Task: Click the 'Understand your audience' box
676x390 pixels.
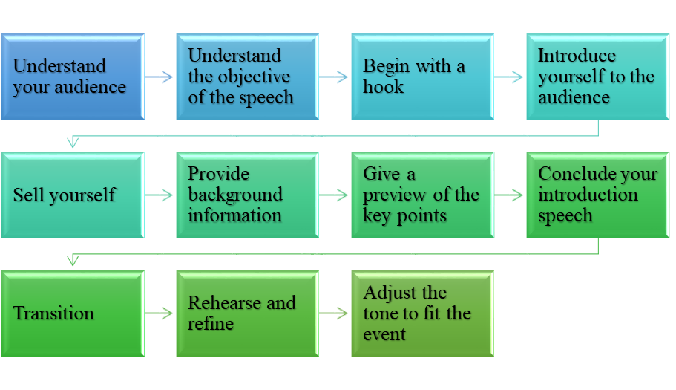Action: pyautogui.click(x=72, y=77)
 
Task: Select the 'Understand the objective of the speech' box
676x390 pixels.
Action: pyautogui.click(x=247, y=77)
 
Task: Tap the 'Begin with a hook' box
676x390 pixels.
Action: pyautogui.click(x=422, y=77)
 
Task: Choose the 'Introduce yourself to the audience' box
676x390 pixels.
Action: pyautogui.click(x=597, y=77)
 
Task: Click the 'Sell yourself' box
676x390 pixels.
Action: pyautogui.click(x=72, y=195)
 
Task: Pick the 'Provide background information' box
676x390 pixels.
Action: pyautogui.click(x=247, y=195)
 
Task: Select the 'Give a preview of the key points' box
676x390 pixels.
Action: pyautogui.click(x=422, y=195)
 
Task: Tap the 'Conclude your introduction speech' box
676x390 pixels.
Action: pyautogui.click(x=597, y=195)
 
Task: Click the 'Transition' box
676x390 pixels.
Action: pyautogui.click(x=72, y=313)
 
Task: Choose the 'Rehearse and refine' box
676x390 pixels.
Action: pyautogui.click(x=247, y=313)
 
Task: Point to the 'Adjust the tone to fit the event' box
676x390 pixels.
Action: pyautogui.click(x=422, y=313)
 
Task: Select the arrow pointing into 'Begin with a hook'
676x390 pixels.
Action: pyautogui.click(x=335, y=77)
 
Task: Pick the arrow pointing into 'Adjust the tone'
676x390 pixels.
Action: pyautogui.click(x=335, y=313)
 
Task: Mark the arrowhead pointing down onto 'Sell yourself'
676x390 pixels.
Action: pyautogui.click(x=72, y=143)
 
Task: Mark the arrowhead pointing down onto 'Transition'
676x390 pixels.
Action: pyautogui.click(x=72, y=261)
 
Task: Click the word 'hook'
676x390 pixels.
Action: pyautogui.click(x=384, y=87)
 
